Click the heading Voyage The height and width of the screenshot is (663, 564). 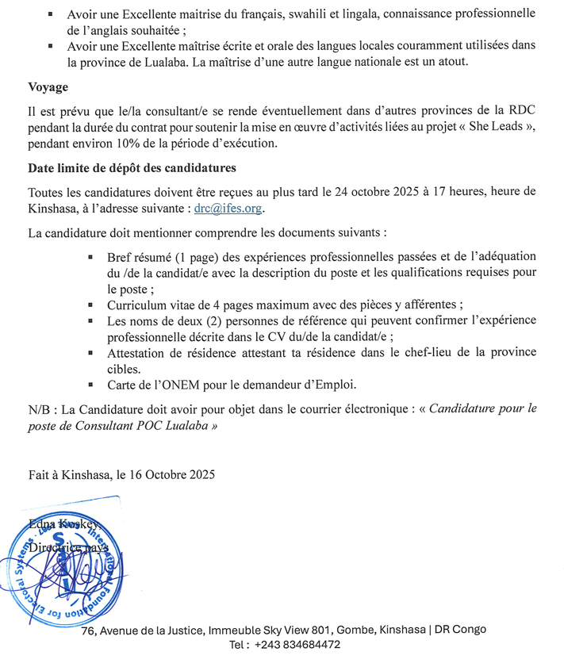point(48,87)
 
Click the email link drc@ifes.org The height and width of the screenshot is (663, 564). point(229,209)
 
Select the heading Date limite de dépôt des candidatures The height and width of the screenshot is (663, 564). point(132,168)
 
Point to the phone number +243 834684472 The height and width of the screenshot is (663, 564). point(297,645)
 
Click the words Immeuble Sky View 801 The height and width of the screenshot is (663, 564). point(270,630)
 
